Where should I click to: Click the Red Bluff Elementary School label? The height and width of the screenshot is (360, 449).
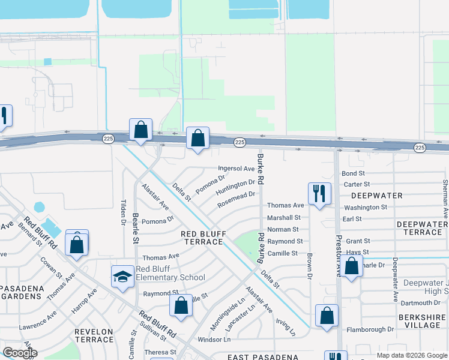pyautogui.click(x=170, y=273)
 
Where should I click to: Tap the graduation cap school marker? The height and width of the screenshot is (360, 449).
pyautogui.click(x=122, y=277)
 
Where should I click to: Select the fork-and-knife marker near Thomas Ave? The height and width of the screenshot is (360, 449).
pyautogui.click(x=319, y=193)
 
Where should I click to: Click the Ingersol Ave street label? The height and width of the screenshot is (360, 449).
pyautogui.click(x=237, y=169)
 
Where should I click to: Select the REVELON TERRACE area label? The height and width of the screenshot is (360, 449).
pyautogui.click(x=94, y=335)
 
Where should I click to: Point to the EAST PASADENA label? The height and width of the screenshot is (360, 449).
pyautogui.click(x=263, y=357)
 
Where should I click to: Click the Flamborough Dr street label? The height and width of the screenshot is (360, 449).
pyautogui.click(x=370, y=329)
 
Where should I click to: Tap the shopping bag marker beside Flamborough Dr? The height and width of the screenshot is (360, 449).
pyautogui.click(x=327, y=316)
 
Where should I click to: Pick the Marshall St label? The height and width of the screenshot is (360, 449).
pyautogui.click(x=283, y=218)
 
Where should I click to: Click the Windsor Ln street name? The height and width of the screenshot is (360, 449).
pyautogui.click(x=214, y=340)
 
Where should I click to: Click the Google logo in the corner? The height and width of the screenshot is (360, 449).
pyautogui.click(x=20, y=353)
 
